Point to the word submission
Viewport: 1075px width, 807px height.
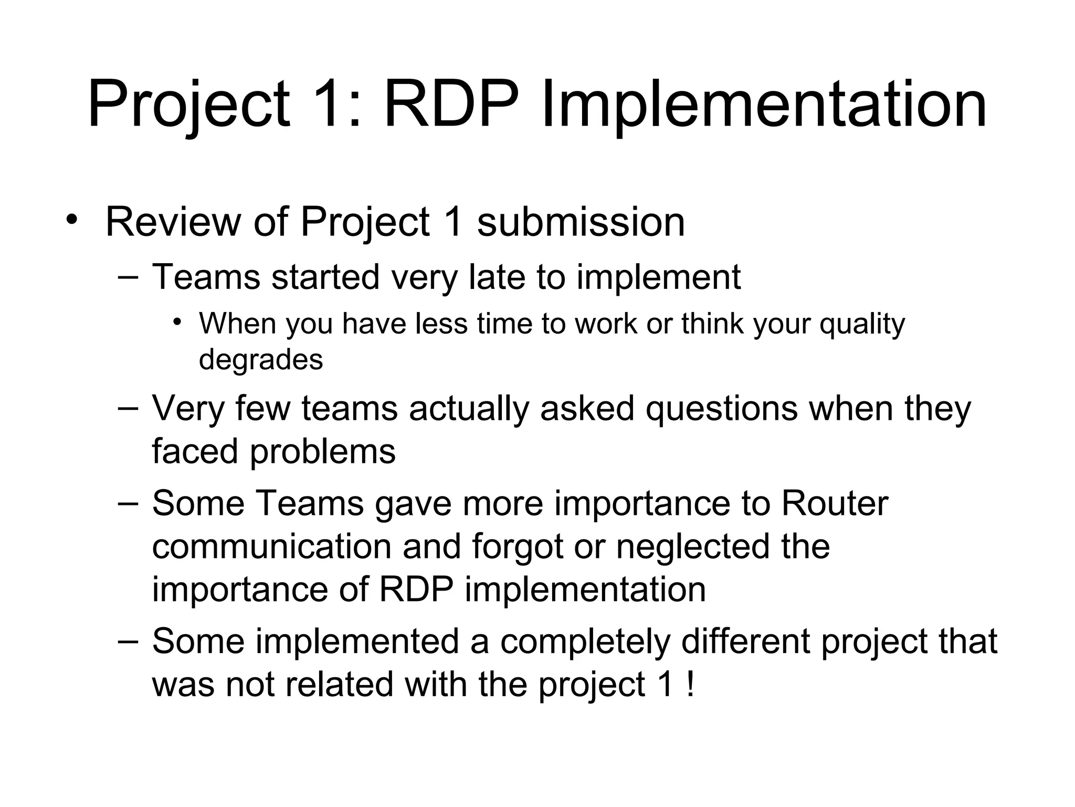581,222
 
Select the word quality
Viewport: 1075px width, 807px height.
862,325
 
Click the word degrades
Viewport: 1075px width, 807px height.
261,360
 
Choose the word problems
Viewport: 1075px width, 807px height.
322,452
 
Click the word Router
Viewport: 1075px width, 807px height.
835,503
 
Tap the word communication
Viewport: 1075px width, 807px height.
272,546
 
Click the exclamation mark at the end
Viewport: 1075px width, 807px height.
690,685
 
